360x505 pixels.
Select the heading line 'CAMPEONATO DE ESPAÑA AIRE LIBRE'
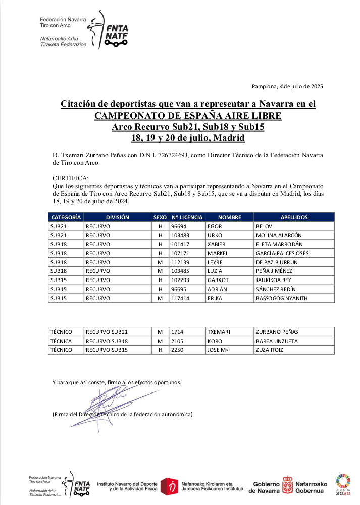pyautogui.click(x=188, y=116)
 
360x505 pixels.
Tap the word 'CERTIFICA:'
pyautogui.click(x=70, y=178)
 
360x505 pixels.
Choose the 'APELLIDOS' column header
pyautogui.click(x=294, y=217)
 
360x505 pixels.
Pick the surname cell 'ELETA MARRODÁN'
pyautogui.click(x=279, y=244)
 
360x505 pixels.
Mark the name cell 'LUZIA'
pyautogui.click(x=216, y=271)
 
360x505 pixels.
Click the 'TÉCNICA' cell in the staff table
pyautogui.click(x=61, y=341)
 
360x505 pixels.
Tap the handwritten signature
pyautogui.click(x=109, y=404)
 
